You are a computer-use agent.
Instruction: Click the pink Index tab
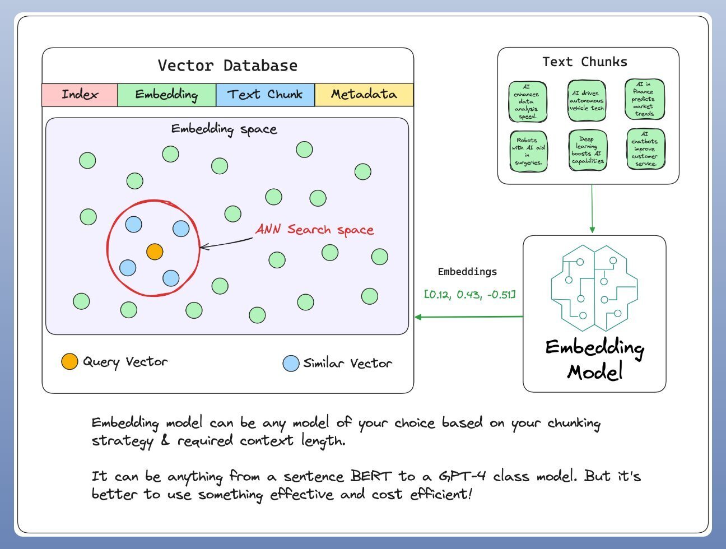[80, 95]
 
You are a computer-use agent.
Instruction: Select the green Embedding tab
[166, 95]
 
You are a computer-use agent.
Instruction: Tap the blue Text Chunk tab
[265, 95]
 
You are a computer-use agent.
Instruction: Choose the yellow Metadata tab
[364, 95]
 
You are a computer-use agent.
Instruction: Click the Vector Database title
[227, 66]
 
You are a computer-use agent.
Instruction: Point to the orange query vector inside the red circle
[155, 252]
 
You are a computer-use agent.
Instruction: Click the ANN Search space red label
[314, 230]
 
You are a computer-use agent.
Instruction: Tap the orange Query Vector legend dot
[69, 362]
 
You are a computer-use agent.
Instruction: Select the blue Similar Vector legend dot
[291, 364]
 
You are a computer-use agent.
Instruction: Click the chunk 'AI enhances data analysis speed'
[527, 102]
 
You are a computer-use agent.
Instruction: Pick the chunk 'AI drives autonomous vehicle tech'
[587, 101]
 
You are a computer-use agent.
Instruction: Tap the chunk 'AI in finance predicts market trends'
[644, 99]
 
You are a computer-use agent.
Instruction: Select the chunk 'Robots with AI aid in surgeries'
[528, 151]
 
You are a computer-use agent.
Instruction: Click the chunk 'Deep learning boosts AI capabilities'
[588, 150]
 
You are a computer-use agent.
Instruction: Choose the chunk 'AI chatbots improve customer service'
[645, 149]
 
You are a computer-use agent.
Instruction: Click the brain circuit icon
[594, 287]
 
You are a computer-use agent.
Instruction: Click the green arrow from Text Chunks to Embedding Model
[592, 208]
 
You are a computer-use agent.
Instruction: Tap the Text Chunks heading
[584, 62]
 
